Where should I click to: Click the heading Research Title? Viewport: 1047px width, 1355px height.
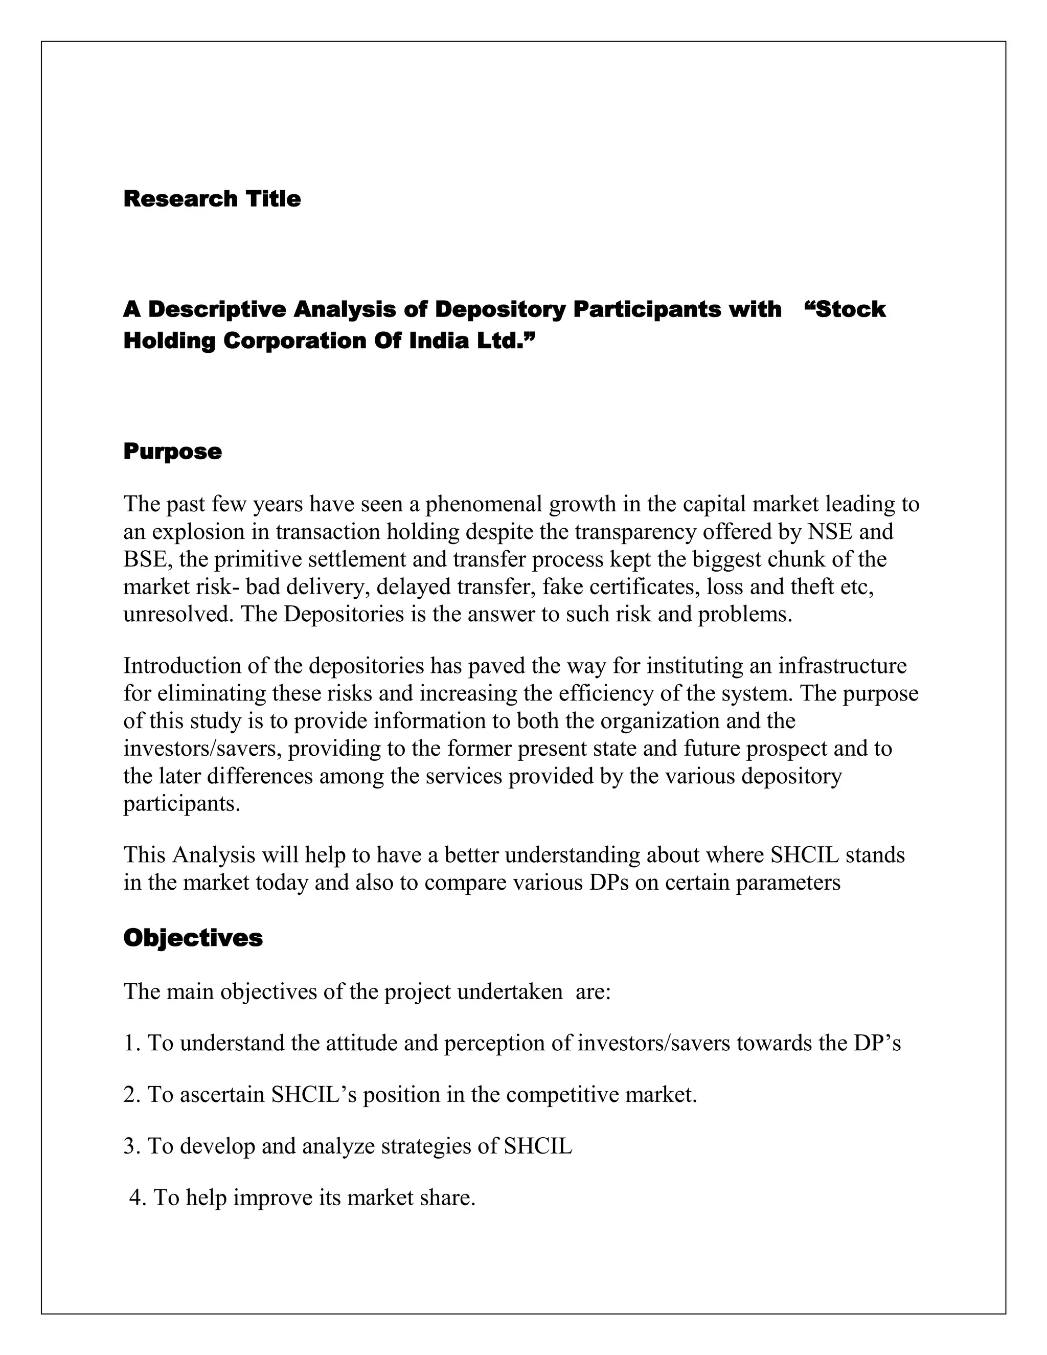pyautogui.click(x=212, y=199)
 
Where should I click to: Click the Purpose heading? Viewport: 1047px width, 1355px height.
pyautogui.click(x=172, y=451)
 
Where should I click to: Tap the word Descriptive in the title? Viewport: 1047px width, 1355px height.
pyautogui.click(x=217, y=309)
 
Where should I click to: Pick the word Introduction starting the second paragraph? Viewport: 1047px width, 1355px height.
pyautogui.click(x=181, y=666)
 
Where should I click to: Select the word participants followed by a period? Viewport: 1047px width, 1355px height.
pyautogui.click(x=180, y=804)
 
